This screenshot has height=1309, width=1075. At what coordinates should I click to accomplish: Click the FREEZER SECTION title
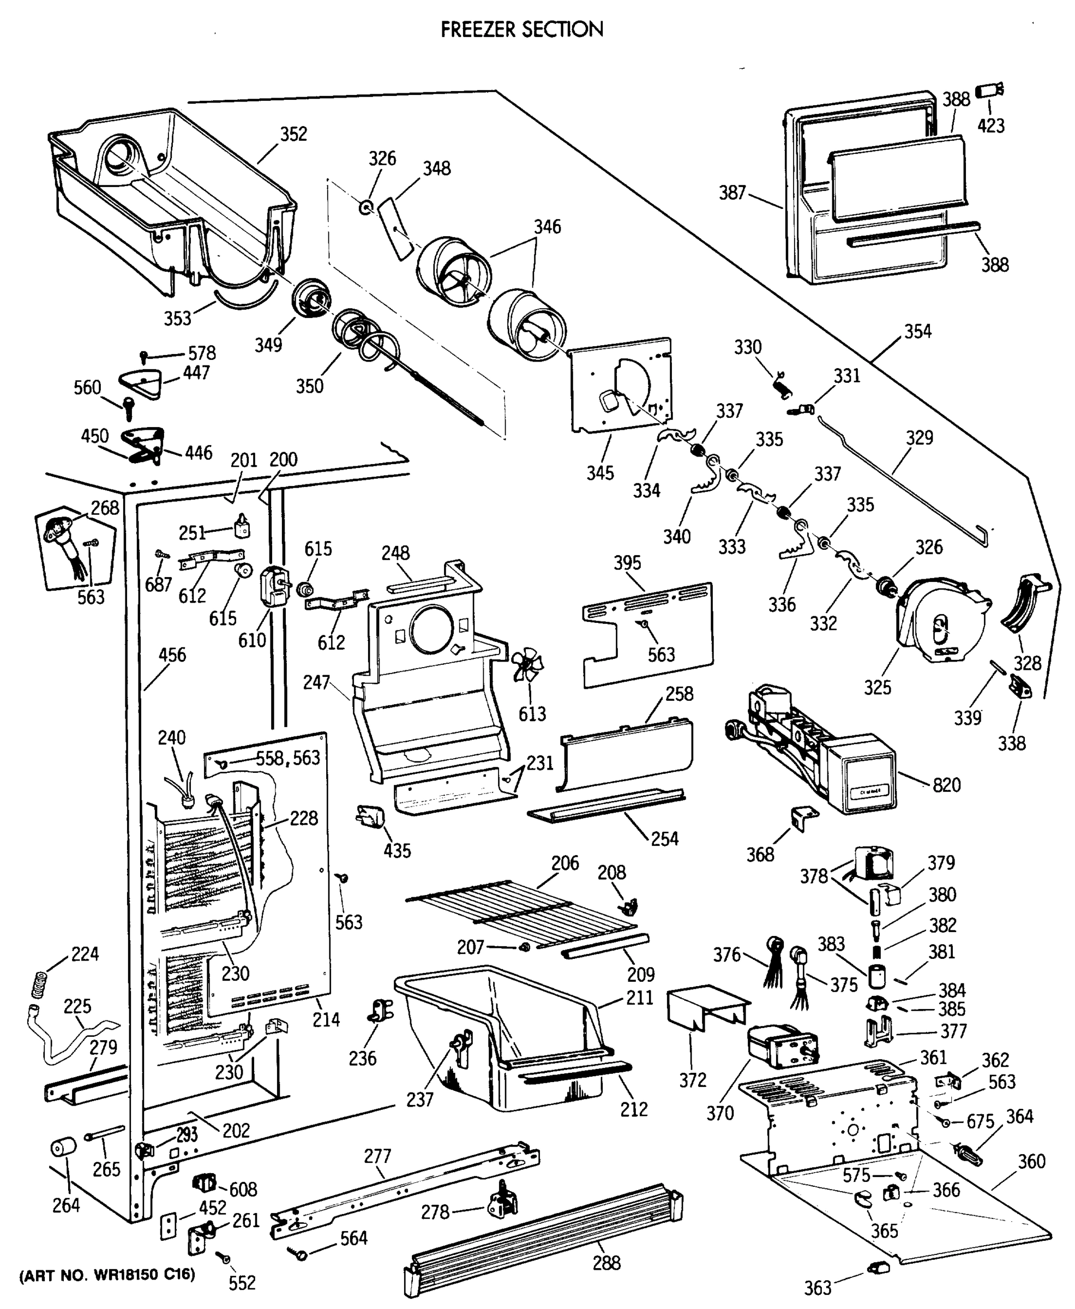coord(521,29)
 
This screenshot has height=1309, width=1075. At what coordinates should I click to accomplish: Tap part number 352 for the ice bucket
coord(293,134)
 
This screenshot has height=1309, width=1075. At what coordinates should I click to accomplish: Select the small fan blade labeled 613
coord(528,665)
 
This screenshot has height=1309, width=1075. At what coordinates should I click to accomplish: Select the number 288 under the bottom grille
coord(606,1263)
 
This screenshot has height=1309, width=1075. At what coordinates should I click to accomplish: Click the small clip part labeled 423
coord(989,91)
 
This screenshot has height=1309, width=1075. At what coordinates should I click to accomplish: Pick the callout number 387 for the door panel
coord(732,193)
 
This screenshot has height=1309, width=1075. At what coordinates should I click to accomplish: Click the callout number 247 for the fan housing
coord(316,682)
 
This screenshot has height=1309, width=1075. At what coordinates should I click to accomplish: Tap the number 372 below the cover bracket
coord(692,1080)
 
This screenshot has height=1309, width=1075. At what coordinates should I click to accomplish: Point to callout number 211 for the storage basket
coord(640,998)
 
